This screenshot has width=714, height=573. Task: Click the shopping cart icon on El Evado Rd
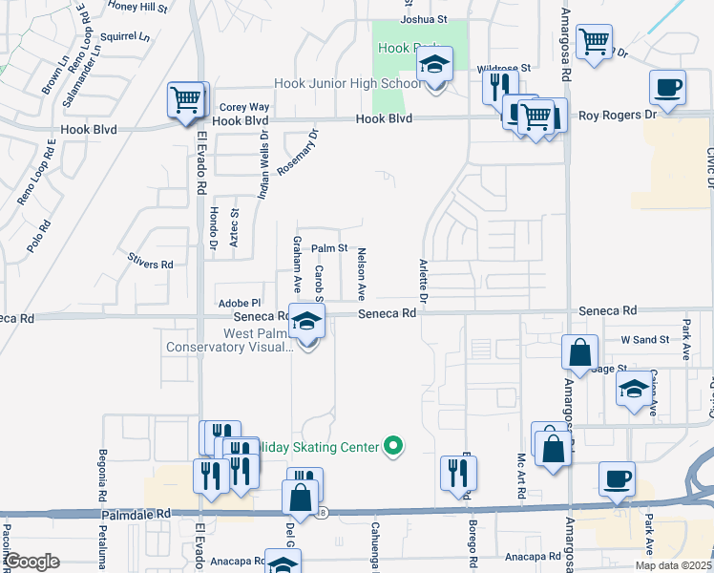[x=187, y=99]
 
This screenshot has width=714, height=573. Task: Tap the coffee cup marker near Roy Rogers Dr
[x=667, y=89]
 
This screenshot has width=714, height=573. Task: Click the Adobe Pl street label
[x=240, y=303]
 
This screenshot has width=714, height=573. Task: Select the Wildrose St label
[x=503, y=69]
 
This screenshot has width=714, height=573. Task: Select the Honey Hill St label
[x=137, y=6]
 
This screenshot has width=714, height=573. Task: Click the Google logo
[x=31, y=562]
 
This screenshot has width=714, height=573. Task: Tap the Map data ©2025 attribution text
[x=674, y=565]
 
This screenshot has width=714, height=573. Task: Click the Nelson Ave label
[x=362, y=271]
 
